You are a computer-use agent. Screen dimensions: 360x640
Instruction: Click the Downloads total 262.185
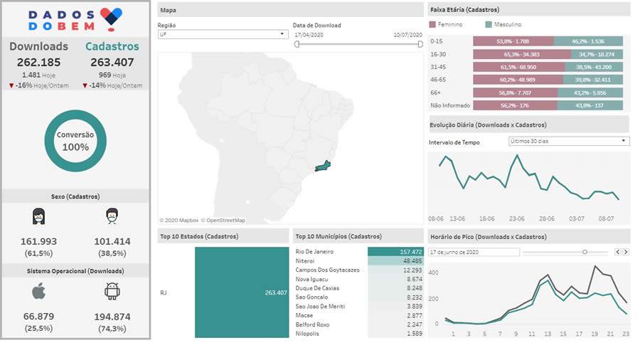point(38,62)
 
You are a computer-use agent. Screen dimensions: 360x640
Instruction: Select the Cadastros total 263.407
point(112,62)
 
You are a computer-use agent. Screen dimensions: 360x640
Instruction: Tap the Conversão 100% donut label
point(75,141)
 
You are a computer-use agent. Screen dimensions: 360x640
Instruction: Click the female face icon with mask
point(38,216)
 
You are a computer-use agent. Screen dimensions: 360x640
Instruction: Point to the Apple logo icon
point(38,291)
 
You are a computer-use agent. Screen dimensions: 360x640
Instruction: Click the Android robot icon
point(112,291)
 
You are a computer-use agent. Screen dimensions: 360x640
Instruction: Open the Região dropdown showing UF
point(222,34)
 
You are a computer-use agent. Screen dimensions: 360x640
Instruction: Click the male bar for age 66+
point(590,92)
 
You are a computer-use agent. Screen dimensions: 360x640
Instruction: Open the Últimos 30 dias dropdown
point(569,141)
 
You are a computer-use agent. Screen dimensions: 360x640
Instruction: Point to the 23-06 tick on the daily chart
point(516,218)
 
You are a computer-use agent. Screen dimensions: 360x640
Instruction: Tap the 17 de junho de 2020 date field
point(474,252)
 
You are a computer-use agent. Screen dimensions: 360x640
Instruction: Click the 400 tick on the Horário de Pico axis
point(433,272)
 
